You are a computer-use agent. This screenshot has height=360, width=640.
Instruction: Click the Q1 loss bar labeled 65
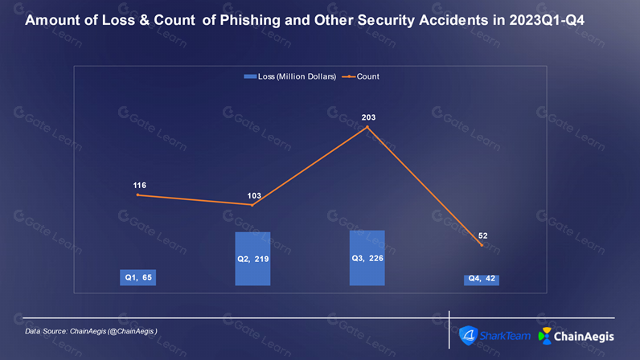pos(138,277)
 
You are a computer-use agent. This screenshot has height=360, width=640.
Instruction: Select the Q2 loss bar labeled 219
pos(252,259)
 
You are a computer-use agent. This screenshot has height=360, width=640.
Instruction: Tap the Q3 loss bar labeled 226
pos(367,258)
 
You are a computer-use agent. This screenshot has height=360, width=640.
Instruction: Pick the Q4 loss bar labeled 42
pos(482,280)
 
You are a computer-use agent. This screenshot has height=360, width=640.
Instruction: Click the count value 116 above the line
pos(140,186)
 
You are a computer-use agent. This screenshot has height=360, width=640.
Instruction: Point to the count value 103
pos(254,196)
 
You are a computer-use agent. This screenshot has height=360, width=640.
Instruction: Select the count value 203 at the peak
pos(368,117)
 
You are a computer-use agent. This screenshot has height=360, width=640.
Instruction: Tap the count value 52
pos(483,236)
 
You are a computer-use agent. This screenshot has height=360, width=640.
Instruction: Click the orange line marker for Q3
pos(367,127)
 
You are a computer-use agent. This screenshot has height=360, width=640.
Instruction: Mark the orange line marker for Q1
pos(138,195)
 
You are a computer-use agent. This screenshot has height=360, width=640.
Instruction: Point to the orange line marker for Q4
pos(482,245)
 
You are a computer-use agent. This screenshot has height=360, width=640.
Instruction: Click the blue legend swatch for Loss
pos(250,76)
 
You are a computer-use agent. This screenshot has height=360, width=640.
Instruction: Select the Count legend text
pos(367,76)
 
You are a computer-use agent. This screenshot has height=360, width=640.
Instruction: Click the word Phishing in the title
pos(250,20)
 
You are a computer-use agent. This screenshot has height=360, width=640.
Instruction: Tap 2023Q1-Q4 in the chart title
pos(547,20)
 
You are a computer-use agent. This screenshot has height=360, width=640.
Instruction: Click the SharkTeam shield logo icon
pos(468,336)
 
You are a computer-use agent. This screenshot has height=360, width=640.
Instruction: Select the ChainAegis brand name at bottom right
pos(584,337)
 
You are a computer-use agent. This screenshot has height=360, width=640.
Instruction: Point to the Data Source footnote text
pos(91,331)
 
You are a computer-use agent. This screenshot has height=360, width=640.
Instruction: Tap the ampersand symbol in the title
pos(144,20)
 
